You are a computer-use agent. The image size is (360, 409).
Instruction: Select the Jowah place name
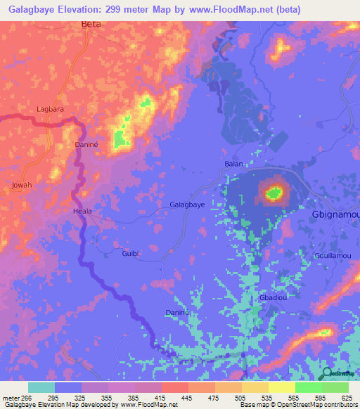(x=22, y=186)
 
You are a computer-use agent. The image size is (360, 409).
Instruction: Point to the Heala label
(x=83, y=211)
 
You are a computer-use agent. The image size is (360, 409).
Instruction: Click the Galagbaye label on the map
(x=187, y=205)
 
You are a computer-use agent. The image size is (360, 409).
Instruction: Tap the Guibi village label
(x=130, y=253)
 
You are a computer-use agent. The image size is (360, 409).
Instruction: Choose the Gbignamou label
(x=335, y=214)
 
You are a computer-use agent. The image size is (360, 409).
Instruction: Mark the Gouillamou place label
(x=333, y=256)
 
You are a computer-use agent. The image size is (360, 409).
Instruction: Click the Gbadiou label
(x=272, y=298)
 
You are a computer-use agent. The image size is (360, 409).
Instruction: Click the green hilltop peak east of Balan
(x=274, y=191)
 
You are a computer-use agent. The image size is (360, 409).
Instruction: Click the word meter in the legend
(x=11, y=398)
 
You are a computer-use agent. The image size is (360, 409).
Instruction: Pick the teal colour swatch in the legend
(x=41, y=387)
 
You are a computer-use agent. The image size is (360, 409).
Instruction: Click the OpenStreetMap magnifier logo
(x=328, y=373)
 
